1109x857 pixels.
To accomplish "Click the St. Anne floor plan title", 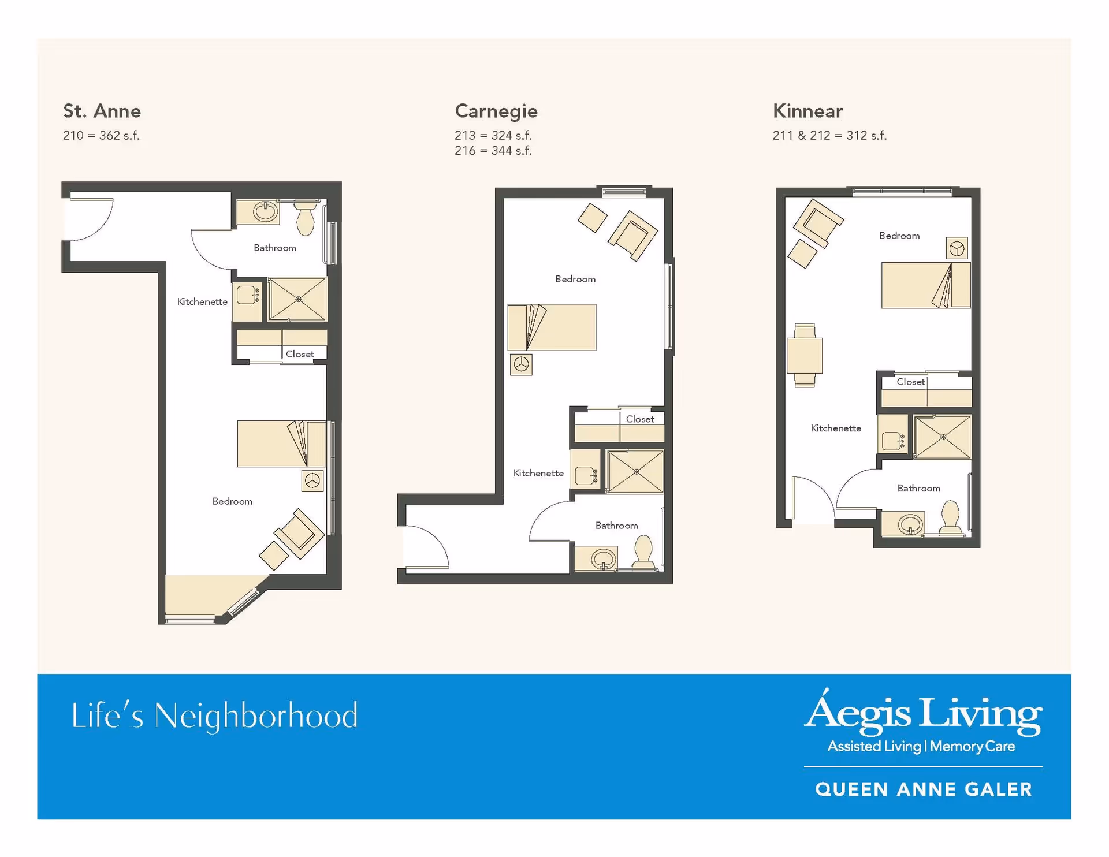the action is click(x=102, y=111).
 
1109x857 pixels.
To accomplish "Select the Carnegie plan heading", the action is click(x=496, y=111).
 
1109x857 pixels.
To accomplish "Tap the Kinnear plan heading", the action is click(x=807, y=111).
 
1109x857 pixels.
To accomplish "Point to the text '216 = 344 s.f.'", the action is click(x=493, y=151).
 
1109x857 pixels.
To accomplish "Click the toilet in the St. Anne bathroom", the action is click(x=306, y=217).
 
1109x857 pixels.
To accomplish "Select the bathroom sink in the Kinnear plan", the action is click(x=910, y=524).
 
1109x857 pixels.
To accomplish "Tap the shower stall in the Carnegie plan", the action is click(x=635, y=472).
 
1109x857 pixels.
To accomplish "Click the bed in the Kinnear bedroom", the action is click(x=926, y=285).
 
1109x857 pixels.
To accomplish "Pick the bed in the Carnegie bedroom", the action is click(x=552, y=327).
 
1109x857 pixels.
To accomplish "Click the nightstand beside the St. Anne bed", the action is click(x=312, y=480).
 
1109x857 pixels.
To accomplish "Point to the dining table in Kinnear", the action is click(x=805, y=355).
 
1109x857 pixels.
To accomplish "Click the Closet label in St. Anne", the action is click(x=300, y=354).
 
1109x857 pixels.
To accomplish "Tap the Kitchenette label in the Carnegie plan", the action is click(x=538, y=473).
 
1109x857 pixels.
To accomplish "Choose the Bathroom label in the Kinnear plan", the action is click(x=918, y=488).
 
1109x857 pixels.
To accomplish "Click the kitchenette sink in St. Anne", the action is click(x=248, y=296).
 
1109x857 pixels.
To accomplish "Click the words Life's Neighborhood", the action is click(x=215, y=716).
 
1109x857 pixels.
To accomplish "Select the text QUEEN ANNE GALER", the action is click(x=924, y=789).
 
